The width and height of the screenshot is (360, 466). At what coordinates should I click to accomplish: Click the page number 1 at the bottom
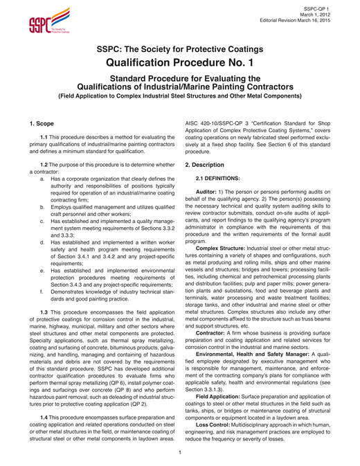180,453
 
